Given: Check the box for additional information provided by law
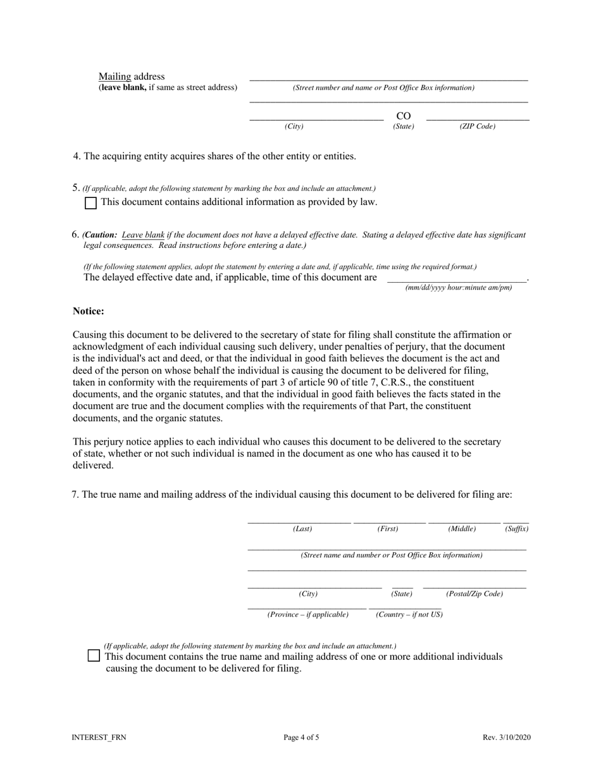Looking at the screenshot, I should [90, 203].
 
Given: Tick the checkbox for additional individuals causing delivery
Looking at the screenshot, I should [94, 656].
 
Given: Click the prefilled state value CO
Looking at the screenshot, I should [403, 116].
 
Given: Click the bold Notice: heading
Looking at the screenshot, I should [89, 311].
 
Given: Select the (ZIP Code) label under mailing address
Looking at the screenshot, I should [477, 127].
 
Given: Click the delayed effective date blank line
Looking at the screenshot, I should [456, 278].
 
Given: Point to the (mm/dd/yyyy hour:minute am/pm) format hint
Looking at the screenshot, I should [459, 288].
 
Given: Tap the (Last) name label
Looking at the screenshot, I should [302, 529].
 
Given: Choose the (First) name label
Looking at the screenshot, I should [388, 529].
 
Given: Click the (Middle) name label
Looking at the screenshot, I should [462, 529].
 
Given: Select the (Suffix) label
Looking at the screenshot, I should [516, 529].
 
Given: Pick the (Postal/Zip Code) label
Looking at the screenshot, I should [474, 594].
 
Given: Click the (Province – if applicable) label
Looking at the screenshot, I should [308, 615].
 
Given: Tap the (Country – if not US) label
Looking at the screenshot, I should [409, 615].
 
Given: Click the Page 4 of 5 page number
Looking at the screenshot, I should [301, 738].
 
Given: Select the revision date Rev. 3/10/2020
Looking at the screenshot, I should [505, 738].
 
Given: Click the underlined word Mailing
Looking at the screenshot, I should [115, 77].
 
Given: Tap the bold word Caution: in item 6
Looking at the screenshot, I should [100, 235].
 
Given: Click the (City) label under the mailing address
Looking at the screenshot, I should [294, 127].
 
